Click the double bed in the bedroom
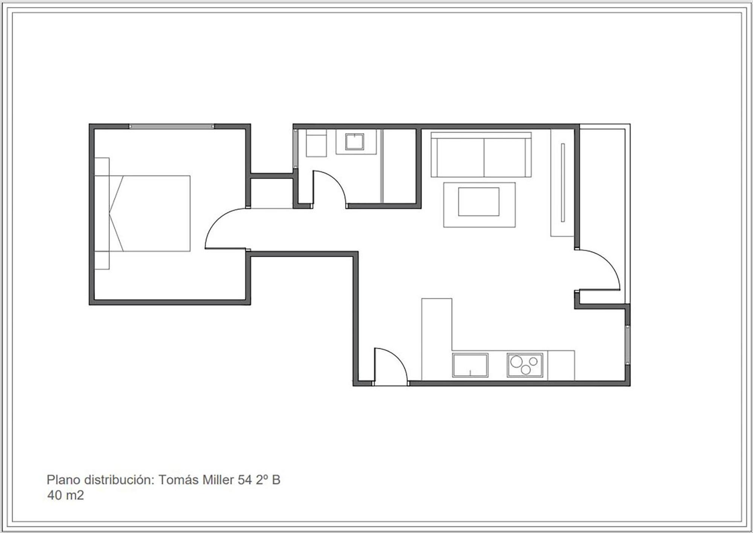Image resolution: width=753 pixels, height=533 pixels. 149,213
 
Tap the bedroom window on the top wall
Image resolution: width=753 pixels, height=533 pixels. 171,126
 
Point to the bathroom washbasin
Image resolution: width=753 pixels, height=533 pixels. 355,141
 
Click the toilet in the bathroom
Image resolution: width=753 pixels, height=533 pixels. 316,143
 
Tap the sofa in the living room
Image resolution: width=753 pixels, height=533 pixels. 481,154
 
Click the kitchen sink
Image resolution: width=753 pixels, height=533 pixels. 470,365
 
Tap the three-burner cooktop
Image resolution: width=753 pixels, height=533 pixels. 525,365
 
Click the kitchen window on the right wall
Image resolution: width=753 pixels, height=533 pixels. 628,345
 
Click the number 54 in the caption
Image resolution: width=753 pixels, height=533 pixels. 245,480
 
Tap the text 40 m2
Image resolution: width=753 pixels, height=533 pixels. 66,495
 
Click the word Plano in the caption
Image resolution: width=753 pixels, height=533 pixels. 63,480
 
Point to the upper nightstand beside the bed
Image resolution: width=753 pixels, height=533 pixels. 102,167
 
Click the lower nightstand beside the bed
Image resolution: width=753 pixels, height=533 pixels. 102,260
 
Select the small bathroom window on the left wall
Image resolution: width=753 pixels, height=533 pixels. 296,149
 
